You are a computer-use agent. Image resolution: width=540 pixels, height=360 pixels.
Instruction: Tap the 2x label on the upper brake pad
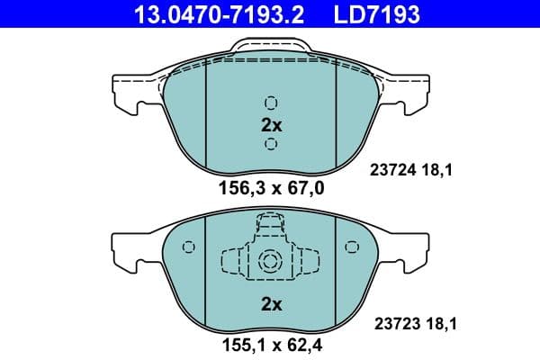271,125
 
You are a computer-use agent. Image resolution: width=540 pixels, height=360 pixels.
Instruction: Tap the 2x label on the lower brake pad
271,304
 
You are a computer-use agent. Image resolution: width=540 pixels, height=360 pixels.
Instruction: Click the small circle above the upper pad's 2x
271,103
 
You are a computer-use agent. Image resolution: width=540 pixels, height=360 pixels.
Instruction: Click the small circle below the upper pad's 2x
271,144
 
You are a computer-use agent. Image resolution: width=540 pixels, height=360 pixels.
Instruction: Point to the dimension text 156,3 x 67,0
271,188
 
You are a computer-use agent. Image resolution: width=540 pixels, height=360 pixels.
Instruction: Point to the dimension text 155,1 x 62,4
271,344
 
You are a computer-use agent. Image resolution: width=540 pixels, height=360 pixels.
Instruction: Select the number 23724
391,166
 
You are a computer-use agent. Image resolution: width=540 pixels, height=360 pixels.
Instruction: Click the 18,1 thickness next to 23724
434,166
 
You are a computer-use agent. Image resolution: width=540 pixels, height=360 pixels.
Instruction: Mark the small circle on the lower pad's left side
188,248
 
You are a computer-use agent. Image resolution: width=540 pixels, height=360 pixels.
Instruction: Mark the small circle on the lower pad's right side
354,248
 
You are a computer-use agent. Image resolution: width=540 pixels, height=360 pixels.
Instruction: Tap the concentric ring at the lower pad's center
271,261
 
